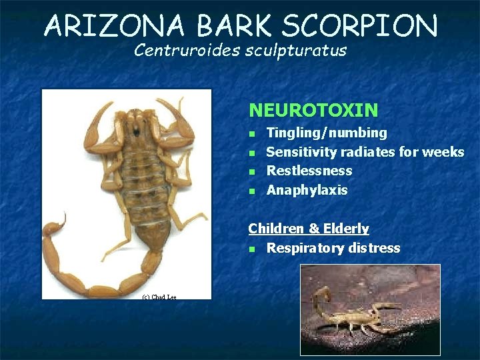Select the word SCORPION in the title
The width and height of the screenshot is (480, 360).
click(x=361, y=27)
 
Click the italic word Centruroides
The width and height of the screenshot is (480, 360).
click(x=185, y=51)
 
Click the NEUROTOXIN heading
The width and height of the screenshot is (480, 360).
click(x=313, y=109)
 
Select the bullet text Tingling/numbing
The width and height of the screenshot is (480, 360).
click(x=327, y=133)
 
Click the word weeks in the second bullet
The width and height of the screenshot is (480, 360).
click(x=443, y=152)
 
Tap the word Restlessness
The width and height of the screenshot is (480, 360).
click(x=309, y=171)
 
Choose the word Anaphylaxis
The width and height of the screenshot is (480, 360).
click(x=307, y=191)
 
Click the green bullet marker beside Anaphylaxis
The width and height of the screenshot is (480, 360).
click(x=252, y=191)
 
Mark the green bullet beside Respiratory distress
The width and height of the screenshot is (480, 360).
click(x=252, y=249)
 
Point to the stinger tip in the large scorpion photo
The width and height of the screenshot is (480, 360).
click(x=65, y=214)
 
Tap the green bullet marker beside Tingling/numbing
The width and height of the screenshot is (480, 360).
click(x=252, y=134)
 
